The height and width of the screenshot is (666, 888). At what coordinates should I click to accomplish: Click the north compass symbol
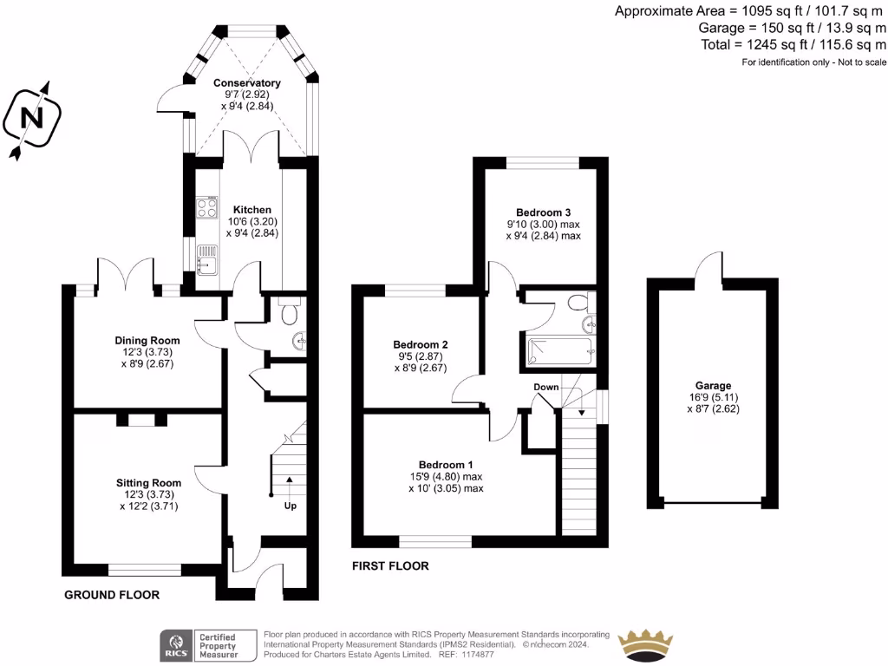tap(31, 120)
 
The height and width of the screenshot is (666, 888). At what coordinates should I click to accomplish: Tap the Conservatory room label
tap(247, 83)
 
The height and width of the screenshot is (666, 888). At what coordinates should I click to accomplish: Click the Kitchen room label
tap(252, 210)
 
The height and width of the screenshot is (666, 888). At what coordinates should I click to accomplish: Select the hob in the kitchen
tap(207, 208)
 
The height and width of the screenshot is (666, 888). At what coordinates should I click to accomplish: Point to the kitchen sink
tap(206, 258)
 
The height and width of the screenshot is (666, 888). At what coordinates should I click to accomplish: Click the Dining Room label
tap(147, 341)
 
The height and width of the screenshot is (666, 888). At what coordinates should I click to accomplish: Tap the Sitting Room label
tap(149, 483)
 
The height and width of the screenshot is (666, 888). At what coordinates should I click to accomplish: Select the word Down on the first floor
tap(546, 387)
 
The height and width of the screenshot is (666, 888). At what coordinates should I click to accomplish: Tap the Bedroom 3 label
tap(543, 212)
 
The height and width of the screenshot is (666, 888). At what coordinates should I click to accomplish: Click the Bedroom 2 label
tap(421, 344)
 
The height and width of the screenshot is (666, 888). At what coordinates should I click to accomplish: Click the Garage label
tap(713, 386)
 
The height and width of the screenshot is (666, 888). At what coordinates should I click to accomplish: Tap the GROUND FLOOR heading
tap(112, 595)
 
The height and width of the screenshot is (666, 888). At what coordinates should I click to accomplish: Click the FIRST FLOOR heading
tap(389, 566)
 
